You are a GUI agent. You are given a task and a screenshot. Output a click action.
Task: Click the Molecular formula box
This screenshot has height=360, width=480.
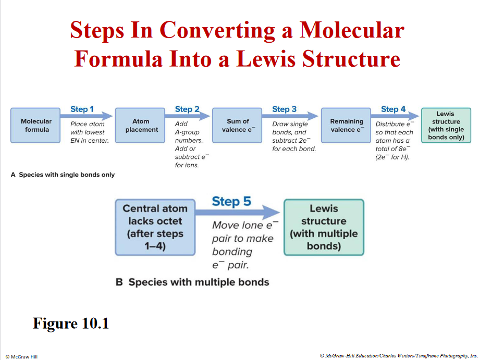tap(36, 126)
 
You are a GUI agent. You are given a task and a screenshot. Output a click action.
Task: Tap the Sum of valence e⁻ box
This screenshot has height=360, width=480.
tap(238, 126)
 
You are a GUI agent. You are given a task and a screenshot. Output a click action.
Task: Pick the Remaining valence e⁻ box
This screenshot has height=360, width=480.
tap(346, 126)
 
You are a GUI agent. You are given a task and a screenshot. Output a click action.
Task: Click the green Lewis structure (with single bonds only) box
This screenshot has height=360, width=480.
tap(446, 126)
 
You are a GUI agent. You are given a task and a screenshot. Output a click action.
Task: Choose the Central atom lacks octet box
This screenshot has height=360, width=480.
tap(155, 227)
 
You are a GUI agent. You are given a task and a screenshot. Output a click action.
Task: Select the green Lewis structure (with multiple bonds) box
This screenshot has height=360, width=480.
tap(323, 227)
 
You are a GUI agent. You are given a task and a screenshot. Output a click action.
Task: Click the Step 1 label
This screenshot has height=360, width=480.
tap(82, 109)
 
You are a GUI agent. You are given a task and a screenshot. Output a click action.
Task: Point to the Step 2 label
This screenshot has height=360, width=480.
tap(187, 109)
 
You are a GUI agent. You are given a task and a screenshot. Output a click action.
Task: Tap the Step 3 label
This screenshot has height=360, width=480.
tap(284, 109)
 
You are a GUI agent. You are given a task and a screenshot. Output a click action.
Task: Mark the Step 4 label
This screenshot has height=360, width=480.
tap(393, 109)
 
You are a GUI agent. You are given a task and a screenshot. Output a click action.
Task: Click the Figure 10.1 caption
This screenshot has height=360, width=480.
tap(70, 323)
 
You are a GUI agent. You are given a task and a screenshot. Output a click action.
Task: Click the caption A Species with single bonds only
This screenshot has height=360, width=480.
tap(63, 175)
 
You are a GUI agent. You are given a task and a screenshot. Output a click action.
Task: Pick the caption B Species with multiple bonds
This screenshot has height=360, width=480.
tap(192, 282)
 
